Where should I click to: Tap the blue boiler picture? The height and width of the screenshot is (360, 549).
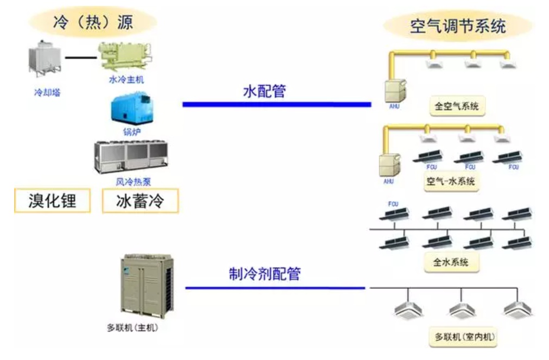tap(130, 109)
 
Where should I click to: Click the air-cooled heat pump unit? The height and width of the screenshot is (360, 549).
tap(131, 157)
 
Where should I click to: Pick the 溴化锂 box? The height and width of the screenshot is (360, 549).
tap(52, 201)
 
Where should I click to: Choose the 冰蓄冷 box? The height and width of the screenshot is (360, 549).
tap(140, 201)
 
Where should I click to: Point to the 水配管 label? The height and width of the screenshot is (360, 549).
tap(264, 91)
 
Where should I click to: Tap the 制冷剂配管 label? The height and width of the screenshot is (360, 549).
tap(264, 274)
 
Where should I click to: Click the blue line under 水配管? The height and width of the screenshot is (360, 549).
tap(276, 104)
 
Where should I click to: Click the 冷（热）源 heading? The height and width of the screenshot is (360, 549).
tap(93, 22)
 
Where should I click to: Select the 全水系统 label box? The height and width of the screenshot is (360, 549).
tap(451, 263)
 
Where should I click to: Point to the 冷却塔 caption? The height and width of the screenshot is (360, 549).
tap(47, 92)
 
